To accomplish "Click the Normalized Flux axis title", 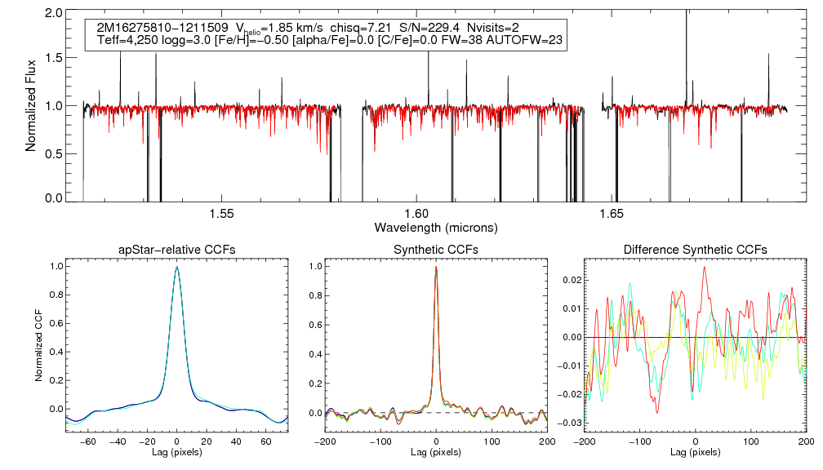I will [32, 105].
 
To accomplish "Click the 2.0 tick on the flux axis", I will [55, 14].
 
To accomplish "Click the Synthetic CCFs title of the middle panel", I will [436, 250].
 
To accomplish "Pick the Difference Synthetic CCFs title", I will [695, 250].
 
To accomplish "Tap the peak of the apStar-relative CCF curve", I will [177, 266].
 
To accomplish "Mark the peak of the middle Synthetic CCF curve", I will [437, 266].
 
